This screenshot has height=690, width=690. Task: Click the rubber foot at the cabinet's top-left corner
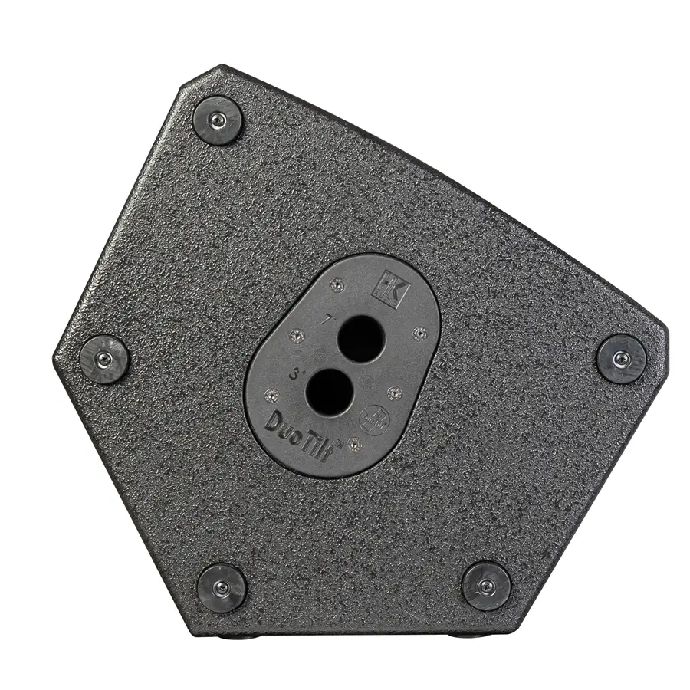tap(218, 120)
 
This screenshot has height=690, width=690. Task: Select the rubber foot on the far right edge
tap(622, 359)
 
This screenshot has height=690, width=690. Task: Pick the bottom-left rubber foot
tap(222, 587)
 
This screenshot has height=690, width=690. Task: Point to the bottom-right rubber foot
tap(486, 586)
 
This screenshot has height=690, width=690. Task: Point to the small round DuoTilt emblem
tap(373, 418)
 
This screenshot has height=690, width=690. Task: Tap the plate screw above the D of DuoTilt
tap(269, 395)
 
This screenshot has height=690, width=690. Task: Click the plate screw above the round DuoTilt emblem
tap(394, 393)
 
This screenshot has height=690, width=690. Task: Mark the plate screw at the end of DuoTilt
tap(353, 443)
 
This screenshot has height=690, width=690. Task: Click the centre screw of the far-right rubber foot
tap(622, 359)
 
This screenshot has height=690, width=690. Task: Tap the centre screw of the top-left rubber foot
tap(218, 120)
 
